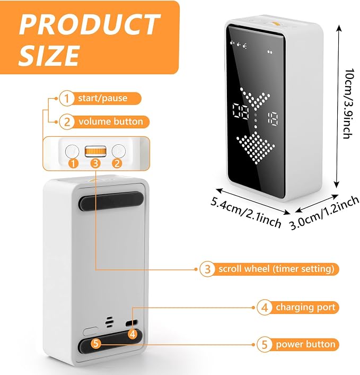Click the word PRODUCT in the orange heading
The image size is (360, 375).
[90, 24]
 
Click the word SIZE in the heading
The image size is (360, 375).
[49, 55]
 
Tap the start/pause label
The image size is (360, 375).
[102, 98]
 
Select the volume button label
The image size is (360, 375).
[111, 121]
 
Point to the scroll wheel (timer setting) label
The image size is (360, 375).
[276, 269]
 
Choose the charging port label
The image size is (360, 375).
[305, 307]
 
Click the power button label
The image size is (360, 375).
[305, 344]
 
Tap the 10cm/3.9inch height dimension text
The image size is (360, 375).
[348, 103]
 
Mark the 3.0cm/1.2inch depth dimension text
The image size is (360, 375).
[324, 213]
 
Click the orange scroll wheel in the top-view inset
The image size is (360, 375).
[95, 151]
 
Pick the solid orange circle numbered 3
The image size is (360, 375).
[95, 163]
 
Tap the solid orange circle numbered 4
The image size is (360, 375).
[133, 334]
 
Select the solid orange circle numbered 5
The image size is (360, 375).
[96, 343]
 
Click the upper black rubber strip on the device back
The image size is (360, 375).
[111, 200]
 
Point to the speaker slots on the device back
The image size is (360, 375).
[109, 322]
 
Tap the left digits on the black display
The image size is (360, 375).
[241, 112]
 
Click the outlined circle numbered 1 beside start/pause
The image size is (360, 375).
[66, 98]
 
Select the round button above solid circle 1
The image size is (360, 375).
[72, 151]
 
